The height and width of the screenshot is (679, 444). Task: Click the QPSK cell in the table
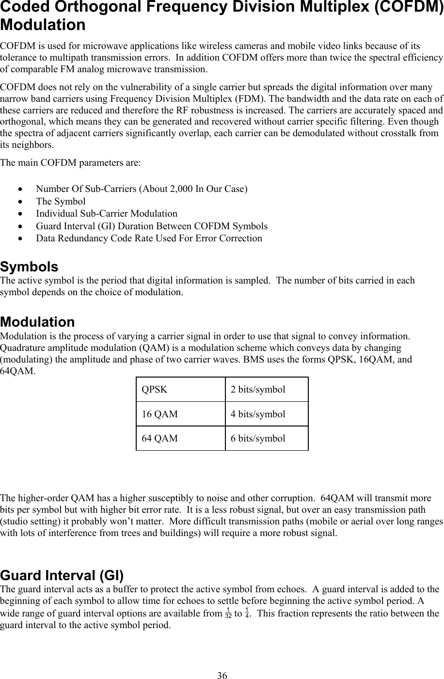[180, 390]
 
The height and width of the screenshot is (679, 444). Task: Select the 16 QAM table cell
[180, 414]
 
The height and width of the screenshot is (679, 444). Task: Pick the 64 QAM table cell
[180, 439]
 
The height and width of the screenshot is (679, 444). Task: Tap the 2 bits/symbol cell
[267, 390]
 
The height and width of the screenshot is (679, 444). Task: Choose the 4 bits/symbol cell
[267, 414]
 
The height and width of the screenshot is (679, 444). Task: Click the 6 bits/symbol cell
[267, 439]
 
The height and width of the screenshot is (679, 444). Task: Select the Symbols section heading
[29, 267]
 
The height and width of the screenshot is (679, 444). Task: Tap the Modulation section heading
[38, 322]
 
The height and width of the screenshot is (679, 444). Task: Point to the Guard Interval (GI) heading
[62, 576]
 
